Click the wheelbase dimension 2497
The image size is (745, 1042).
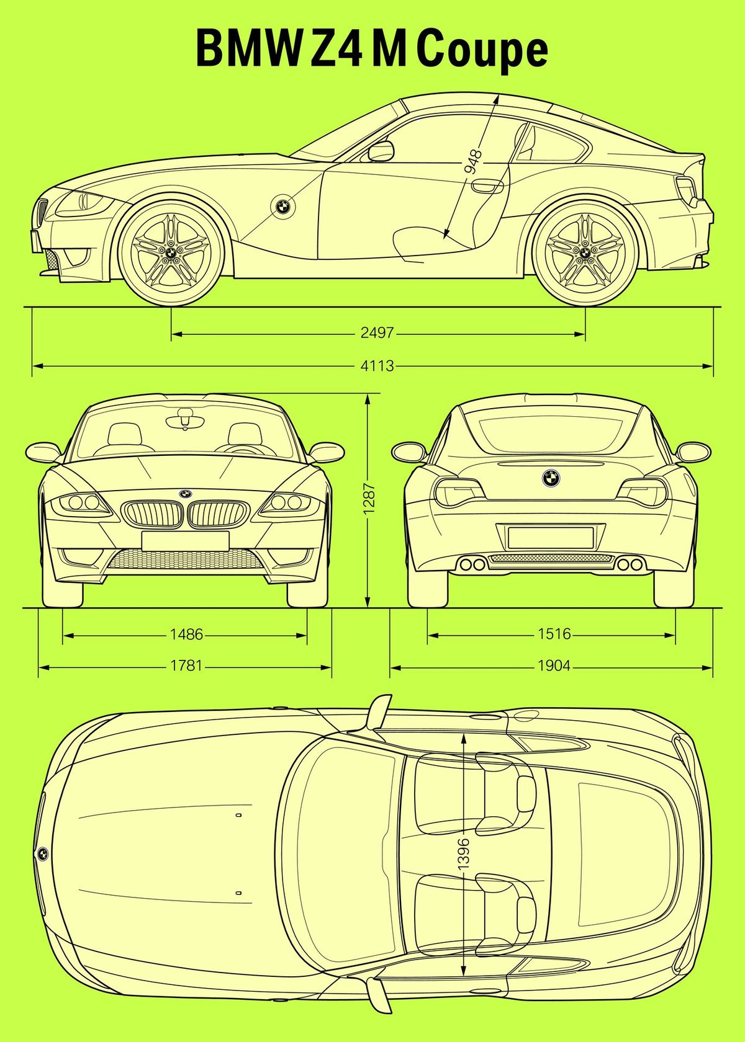click(x=377, y=333)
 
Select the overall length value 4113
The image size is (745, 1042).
click(x=377, y=366)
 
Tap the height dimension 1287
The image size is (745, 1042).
click(x=369, y=499)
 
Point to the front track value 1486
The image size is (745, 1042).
click(x=186, y=635)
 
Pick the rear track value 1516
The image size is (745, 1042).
click(x=554, y=635)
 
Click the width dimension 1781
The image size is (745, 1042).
click(x=186, y=666)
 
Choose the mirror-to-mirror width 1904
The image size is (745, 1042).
click(x=554, y=666)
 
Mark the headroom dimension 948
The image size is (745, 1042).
click(x=473, y=161)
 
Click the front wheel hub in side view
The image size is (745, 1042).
click(x=170, y=252)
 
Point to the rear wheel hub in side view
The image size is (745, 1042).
click(x=585, y=252)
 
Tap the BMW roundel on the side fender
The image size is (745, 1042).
click(x=282, y=207)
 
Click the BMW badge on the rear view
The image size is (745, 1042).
click(x=551, y=478)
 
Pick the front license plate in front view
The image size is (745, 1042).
click(x=184, y=540)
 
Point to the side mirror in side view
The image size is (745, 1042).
click(x=381, y=151)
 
